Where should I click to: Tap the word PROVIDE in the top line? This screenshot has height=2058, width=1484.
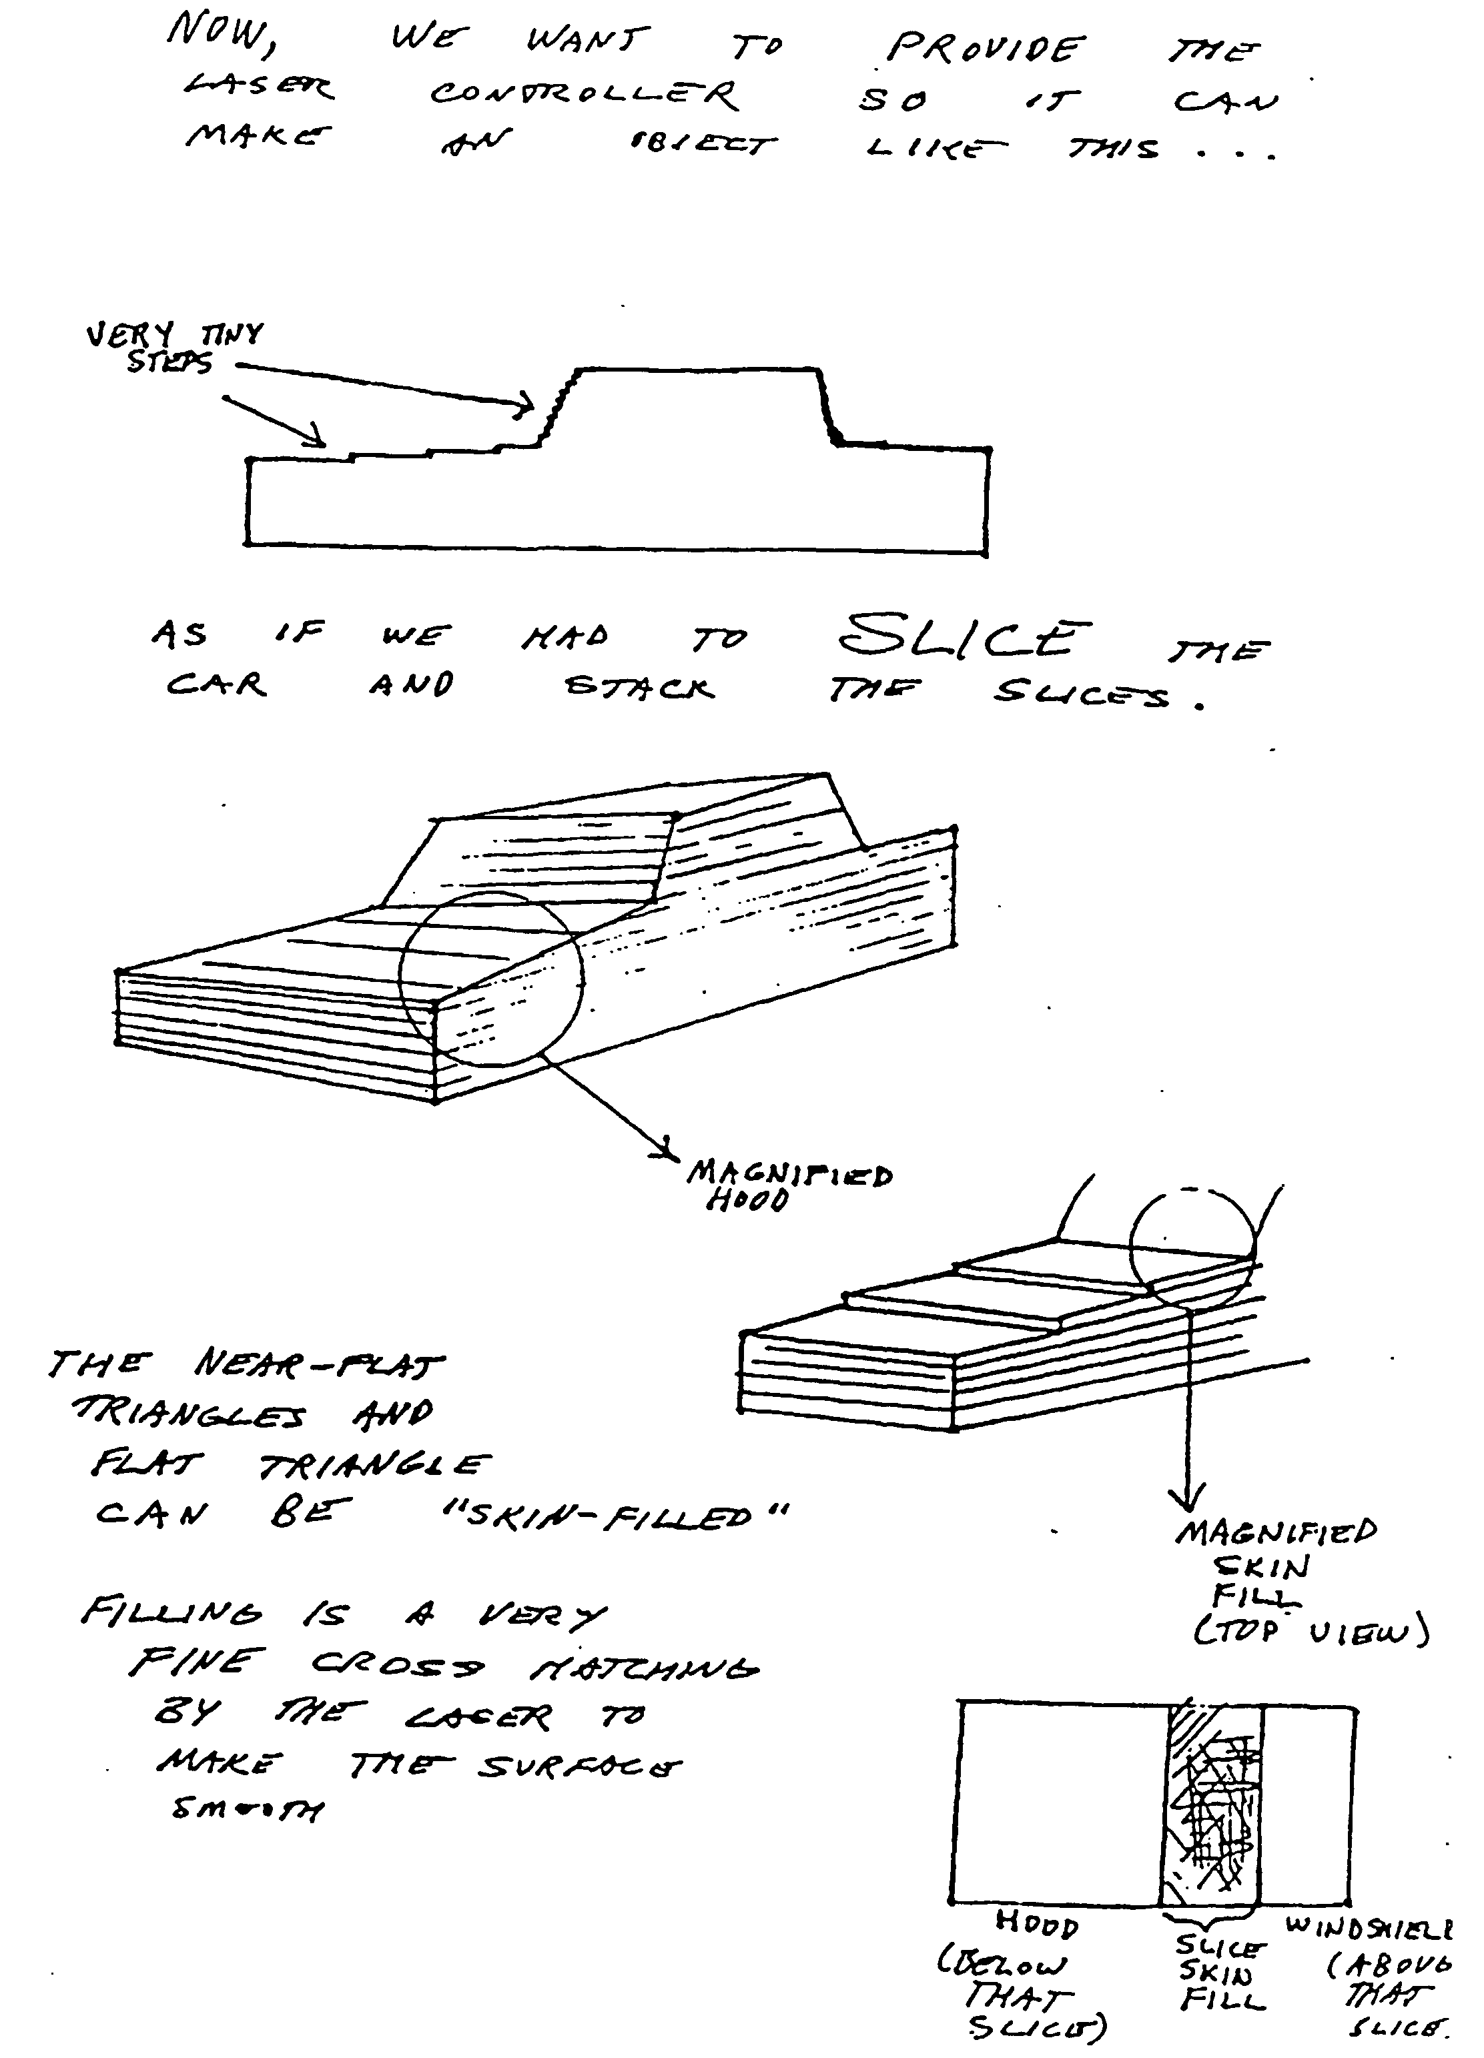(985, 49)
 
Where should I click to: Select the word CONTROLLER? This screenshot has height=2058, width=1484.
(585, 93)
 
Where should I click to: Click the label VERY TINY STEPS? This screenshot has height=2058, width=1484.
(172, 348)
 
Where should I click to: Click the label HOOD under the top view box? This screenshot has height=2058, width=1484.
(1036, 1923)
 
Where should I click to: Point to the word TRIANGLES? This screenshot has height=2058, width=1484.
(189, 1413)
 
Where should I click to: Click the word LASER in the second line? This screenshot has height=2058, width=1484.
(260, 88)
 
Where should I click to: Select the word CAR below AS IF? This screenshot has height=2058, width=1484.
(216, 684)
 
